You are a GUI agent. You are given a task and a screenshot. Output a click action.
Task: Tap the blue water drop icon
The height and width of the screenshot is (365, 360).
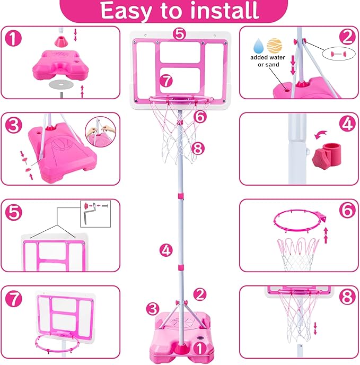(x=259, y=45)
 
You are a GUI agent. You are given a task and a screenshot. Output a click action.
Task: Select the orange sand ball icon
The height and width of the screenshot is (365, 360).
(x=274, y=45)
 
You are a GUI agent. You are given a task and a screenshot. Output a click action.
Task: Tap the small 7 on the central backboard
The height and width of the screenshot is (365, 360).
(x=166, y=81)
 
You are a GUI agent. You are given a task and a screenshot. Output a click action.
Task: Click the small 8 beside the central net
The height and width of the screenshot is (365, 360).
(x=198, y=149)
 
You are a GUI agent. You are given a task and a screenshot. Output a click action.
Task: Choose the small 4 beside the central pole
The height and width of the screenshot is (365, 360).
(x=166, y=249)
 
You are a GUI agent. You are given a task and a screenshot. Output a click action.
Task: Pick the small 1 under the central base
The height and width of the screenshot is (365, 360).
(x=198, y=349)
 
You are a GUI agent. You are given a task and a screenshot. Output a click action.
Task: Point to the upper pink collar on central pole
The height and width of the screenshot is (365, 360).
(x=181, y=197)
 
